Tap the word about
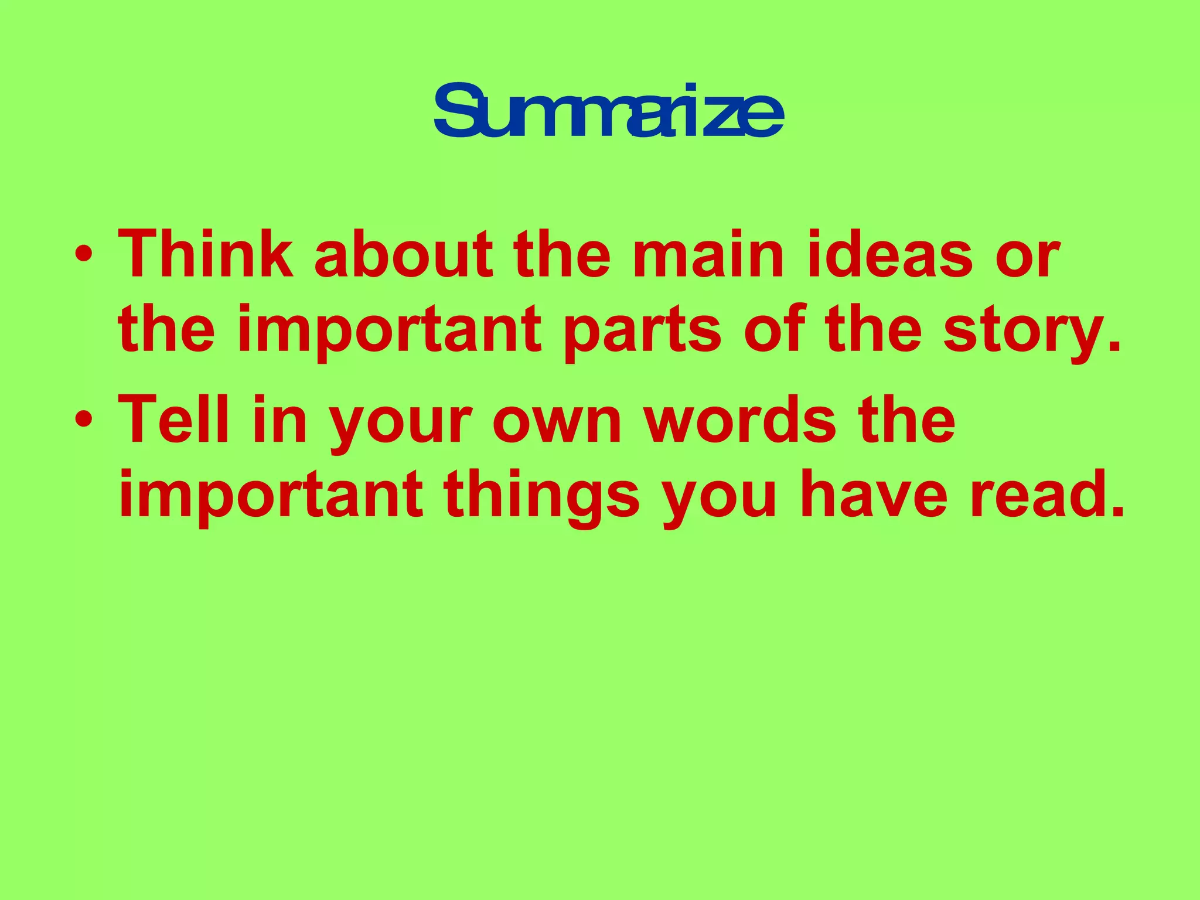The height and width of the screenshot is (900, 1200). click(404, 254)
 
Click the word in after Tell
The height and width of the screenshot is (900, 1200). click(280, 420)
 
